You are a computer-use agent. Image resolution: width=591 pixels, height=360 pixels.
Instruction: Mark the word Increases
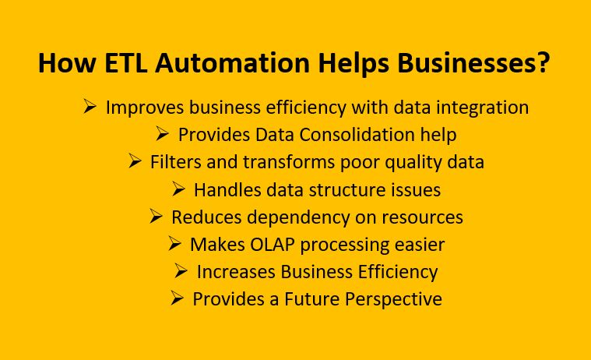point(233,272)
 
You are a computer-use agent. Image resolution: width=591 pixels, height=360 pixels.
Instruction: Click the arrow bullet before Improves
point(90,107)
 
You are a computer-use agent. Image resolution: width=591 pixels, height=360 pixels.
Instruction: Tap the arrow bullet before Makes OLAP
point(174,244)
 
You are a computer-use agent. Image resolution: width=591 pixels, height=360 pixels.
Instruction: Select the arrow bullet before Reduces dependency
point(156,217)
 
